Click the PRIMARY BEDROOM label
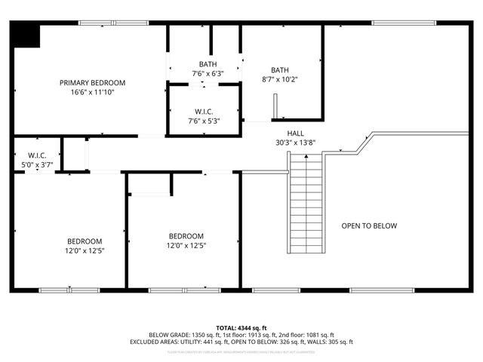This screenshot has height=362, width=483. tap(93, 82)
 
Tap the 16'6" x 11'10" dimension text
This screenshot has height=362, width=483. tap(93, 92)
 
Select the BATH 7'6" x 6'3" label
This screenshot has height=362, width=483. tap(208, 69)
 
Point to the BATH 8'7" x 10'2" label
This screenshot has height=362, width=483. tap(280, 74)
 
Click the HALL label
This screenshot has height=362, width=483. tap(295, 133)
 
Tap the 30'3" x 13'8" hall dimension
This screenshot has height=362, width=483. tap(295, 142)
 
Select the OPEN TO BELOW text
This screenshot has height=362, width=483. tap(369, 225)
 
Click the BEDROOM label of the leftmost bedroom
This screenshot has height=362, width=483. tap(85, 241)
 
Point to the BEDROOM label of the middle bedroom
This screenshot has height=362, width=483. tap(186, 235)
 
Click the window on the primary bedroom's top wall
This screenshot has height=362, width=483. tap(103, 23)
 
